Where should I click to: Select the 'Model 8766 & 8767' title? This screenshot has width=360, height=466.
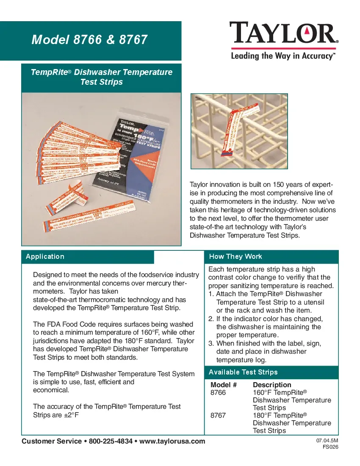90,40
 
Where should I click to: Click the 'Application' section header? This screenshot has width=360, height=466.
45,257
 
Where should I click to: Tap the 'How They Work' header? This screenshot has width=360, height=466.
235,257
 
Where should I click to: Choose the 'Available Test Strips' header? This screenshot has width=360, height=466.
244,372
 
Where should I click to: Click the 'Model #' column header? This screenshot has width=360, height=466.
223,385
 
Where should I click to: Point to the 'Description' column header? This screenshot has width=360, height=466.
272,385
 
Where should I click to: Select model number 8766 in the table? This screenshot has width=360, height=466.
218,393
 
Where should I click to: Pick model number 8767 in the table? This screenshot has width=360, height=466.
218,416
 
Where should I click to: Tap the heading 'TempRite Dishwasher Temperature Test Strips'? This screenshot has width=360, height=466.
102,77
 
